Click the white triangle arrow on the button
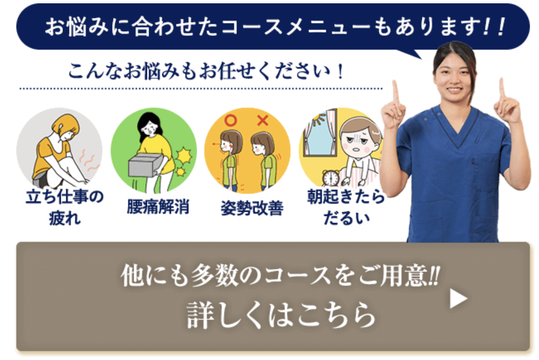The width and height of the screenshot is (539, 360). pos(458,299)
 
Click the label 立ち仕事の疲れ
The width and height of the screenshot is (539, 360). pos(64,207)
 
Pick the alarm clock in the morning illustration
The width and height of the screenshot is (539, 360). pos(331,178)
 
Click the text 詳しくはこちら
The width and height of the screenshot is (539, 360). pos(281,314)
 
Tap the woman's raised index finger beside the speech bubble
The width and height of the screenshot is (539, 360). pos(395,92)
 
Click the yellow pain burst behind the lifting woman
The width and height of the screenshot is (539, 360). pos(182,156)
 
